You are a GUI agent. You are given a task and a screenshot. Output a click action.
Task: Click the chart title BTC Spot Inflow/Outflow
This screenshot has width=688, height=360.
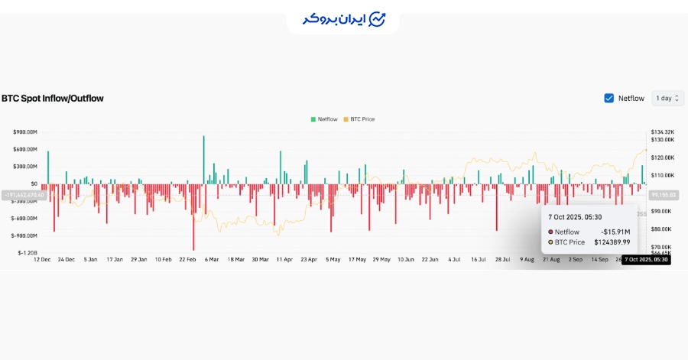point(53,99)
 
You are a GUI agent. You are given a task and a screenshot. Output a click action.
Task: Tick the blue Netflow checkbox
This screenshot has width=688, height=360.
point(609,98)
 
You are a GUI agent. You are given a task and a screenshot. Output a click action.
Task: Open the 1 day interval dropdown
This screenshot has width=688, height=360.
point(667,98)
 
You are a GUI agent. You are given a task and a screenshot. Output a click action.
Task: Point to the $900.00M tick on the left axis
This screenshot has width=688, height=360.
point(25,131)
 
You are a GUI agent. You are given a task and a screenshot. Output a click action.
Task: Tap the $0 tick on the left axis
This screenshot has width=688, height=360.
point(34,183)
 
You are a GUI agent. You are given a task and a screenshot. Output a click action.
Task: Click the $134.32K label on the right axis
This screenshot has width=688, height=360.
point(662,131)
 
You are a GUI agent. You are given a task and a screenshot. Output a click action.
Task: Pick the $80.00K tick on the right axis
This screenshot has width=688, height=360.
point(662,229)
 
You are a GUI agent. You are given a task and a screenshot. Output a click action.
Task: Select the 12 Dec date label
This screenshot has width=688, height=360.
point(42,260)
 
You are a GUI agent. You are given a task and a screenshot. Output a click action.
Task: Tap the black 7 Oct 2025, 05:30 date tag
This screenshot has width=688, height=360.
point(647,260)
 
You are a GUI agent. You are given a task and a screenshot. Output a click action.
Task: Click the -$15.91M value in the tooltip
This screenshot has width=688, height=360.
point(614,232)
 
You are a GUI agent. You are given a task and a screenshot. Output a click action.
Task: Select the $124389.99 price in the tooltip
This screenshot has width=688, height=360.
point(612,242)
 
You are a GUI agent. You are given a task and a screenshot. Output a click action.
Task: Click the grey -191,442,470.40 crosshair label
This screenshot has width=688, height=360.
point(24,195)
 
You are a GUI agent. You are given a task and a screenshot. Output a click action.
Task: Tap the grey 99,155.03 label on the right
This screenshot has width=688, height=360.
point(664,195)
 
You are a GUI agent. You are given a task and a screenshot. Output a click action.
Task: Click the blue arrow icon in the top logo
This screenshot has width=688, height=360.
point(377,19)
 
